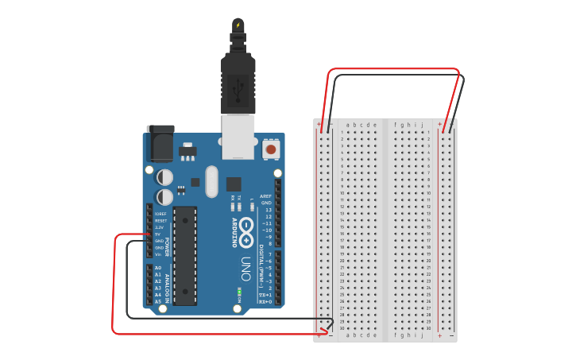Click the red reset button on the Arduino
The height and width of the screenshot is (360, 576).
(x=271, y=149)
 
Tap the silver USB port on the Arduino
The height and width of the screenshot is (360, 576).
(x=238, y=137)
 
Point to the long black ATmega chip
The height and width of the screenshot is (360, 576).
(x=185, y=255)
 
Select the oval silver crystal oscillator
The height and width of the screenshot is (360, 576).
(x=211, y=181)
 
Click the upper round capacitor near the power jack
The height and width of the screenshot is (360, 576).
(x=164, y=176)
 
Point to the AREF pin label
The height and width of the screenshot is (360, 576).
(x=266, y=195)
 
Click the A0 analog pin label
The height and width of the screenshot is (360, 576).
(x=158, y=268)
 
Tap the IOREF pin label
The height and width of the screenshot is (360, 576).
(x=160, y=214)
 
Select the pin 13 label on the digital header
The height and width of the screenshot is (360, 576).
(x=269, y=210)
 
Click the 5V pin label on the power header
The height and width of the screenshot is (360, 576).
(x=159, y=234)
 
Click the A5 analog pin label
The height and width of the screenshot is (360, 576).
(x=158, y=302)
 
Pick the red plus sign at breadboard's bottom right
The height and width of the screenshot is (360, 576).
(x=439, y=335)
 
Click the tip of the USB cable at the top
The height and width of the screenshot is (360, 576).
(x=238, y=25)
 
